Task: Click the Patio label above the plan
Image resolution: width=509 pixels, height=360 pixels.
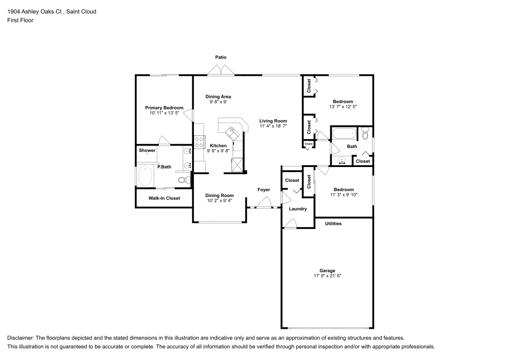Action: point(220,58)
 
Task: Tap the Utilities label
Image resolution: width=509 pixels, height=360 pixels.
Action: point(333,224)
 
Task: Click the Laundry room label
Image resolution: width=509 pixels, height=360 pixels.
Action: point(298,209)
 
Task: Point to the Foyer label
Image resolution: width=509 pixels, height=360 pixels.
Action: point(264,190)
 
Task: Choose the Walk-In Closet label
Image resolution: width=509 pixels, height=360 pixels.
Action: point(164,198)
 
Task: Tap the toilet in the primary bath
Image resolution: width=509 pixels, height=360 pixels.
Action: point(182,180)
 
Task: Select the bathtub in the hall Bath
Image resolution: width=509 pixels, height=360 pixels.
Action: point(345,135)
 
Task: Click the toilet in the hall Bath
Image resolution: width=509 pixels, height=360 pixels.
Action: point(365,133)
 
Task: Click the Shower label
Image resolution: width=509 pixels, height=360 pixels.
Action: point(147,150)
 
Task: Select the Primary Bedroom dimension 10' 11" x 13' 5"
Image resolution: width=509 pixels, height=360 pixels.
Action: point(164,113)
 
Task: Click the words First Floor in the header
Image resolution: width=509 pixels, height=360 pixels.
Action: point(20,20)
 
